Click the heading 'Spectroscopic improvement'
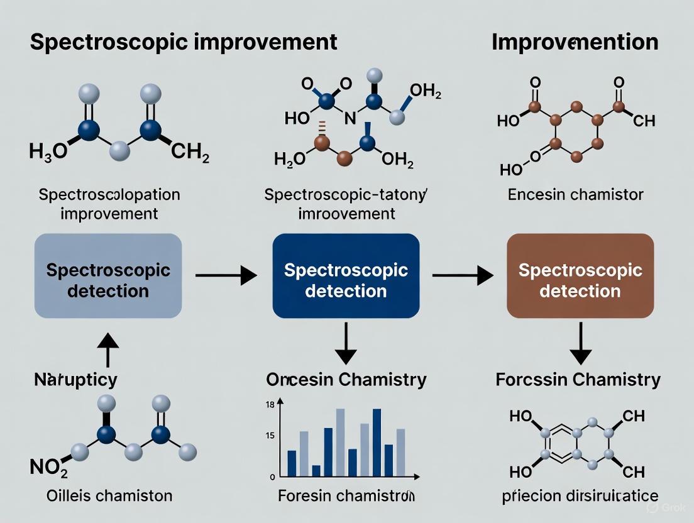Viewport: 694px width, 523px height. click(183, 42)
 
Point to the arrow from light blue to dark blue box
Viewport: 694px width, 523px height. click(226, 275)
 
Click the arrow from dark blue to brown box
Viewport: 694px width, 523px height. click(462, 275)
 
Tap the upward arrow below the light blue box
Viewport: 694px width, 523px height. click(108, 348)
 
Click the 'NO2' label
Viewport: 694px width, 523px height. click(49, 466)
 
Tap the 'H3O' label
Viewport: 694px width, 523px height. click(48, 151)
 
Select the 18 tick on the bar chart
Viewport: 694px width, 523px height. click(270, 405)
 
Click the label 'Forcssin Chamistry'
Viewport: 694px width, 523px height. click(578, 380)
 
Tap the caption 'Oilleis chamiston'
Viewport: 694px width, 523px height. click(109, 496)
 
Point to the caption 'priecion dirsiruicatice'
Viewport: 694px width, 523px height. click(575, 496)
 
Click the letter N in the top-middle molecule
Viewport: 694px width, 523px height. click(350, 118)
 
